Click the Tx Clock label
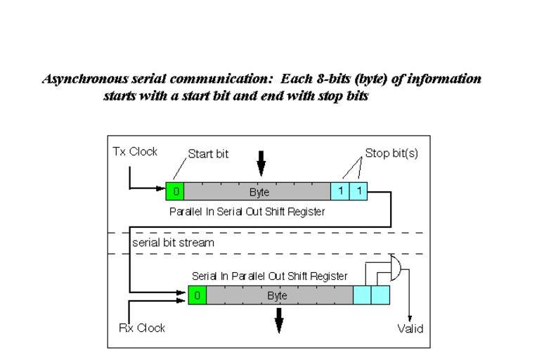(x=136, y=152)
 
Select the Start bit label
(x=208, y=154)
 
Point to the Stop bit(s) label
(x=391, y=153)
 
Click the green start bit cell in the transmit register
(x=174, y=191)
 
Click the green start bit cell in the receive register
(x=197, y=296)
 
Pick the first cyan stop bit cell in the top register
(x=339, y=191)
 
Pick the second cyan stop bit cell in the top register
(x=358, y=191)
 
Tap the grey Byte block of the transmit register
(x=257, y=191)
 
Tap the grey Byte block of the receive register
(x=280, y=296)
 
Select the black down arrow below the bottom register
(x=279, y=321)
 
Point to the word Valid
(x=410, y=328)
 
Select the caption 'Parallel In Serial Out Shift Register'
(x=247, y=211)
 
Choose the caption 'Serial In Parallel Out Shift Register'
(x=269, y=276)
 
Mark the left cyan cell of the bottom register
(x=362, y=296)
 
